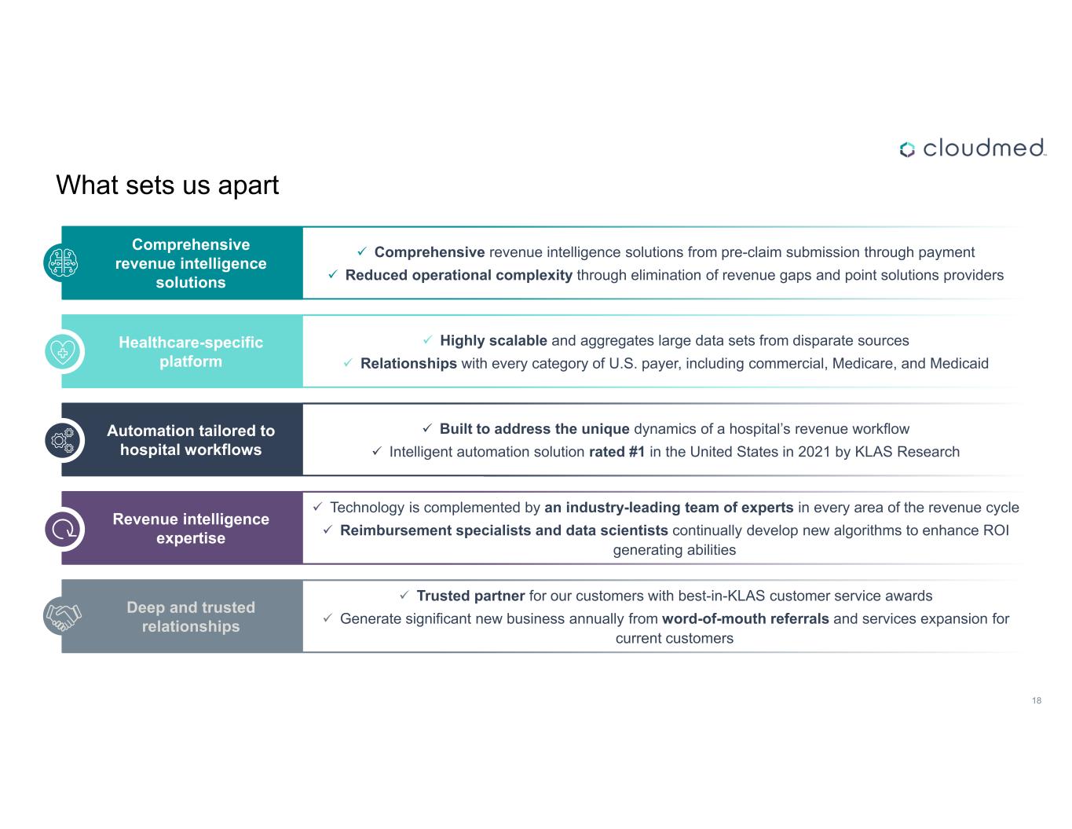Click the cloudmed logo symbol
(907, 149)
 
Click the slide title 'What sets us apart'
(167, 185)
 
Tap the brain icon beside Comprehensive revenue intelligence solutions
(63, 262)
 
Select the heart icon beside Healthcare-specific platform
(63, 351)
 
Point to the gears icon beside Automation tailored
(63, 440)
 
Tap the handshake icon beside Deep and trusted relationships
(63, 617)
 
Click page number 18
(1037, 700)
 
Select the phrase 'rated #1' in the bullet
(616, 452)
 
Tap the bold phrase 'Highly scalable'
(493, 340)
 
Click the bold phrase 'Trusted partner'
(470, 596)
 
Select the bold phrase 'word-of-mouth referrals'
(745, 618)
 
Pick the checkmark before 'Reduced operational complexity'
(333, 274)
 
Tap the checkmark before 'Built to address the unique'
(427, 427)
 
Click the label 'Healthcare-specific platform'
(191, 351)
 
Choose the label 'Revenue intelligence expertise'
(191, 528)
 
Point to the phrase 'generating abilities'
(675, 550)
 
